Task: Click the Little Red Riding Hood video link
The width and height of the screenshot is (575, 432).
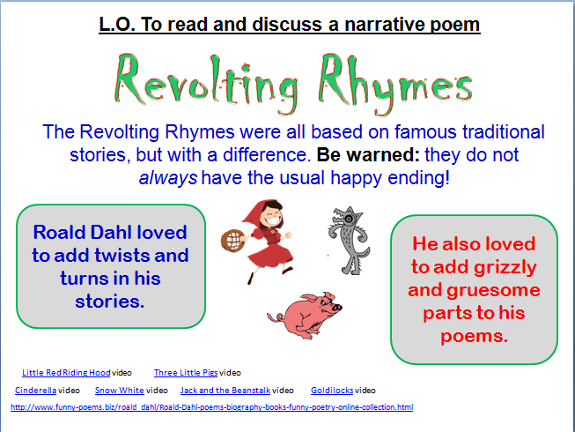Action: tap(66, 373)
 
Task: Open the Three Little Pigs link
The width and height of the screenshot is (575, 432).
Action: tap(186, 373)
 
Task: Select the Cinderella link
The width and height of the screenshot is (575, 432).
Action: tap(35, 391)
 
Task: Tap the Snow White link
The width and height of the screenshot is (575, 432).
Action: tap(119, 391)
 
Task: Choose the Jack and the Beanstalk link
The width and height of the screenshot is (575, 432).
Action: tap(225, 391)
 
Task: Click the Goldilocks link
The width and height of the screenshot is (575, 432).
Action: tap(332, 391)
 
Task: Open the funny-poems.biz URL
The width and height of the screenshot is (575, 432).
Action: tap(211, 407)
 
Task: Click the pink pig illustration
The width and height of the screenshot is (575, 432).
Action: tap(305, 315)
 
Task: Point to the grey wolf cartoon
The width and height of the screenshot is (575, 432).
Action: tap(349, 241)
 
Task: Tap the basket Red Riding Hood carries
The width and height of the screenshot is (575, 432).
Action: tap(232, 241)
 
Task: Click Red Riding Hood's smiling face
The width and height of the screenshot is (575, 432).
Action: tap(272, 217)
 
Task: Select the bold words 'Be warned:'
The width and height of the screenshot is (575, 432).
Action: tap(368, 154)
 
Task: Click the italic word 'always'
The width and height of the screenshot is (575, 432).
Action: tap(168, 178)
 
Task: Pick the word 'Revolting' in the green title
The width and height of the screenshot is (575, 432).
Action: tap(206, 85)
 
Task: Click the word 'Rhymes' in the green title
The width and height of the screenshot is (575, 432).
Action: tap(395, 85)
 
